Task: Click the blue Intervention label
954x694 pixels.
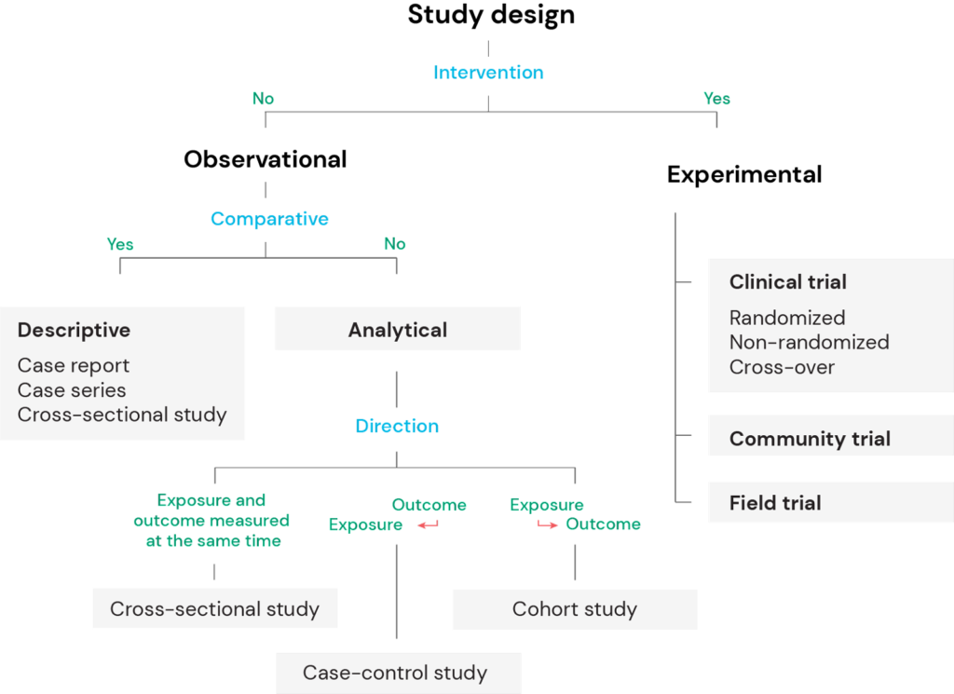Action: [x=488, y=73]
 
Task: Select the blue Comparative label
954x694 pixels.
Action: [x=269, y=220]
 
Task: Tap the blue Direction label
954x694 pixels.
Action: [x=397, y=427]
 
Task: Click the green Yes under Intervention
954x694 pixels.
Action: [x=717, y=99]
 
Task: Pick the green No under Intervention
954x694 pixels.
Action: [x=263, y=99]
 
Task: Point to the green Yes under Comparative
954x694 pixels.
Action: [x=120, y=245]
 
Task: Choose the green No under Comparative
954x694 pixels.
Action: [x=395, y=244]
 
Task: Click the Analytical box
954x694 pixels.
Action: [x=397, y=330]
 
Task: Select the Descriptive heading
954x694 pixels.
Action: [x=74, y=331]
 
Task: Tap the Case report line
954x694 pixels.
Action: [x=74, y=366]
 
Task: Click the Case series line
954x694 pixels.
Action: [x=72, y=390]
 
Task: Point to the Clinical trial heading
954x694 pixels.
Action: [x=788, y=282]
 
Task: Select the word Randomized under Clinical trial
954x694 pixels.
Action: [x=787, y=318]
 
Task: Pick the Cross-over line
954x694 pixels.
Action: [x=782, y=367]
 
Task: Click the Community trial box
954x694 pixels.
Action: [x=810, y=439]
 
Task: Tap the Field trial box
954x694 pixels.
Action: [x=775, y=503]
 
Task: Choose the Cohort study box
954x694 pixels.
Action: [x=574, y=610]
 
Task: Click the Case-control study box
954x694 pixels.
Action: [x=395, y=673]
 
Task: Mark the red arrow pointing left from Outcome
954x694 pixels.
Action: [x=427, y=525]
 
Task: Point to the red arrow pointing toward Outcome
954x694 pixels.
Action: [x=548, y=525]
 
